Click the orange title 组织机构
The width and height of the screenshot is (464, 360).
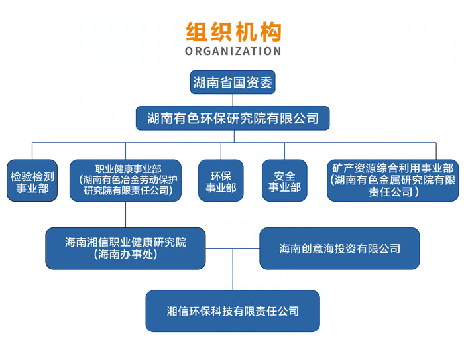click(x=233, y=32)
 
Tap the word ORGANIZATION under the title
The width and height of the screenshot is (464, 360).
click(x=233, y=52)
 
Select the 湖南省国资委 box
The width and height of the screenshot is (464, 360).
click(x=233, y=82)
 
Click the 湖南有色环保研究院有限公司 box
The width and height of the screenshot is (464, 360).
click(x=233, y=118)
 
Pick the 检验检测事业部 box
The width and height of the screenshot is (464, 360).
click(x=32, y=181)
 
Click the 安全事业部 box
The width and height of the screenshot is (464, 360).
click(x=284, y=181)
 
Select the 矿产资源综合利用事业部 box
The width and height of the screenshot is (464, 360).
click(x=393, y=180)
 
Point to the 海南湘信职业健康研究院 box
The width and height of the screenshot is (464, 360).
click(x=125, y=248)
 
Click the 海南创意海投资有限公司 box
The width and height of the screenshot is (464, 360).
click(x=339, y=248)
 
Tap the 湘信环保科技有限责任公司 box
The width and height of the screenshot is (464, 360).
click(x=233, y=310)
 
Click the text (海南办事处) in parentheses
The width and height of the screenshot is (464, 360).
click(x=125, y=255)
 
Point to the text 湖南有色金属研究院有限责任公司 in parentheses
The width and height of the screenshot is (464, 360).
click(x=393, y=186)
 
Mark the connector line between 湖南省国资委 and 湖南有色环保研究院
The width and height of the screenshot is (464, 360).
click(x=233, y=100)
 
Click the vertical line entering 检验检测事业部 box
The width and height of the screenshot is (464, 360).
click(x=32, y=150)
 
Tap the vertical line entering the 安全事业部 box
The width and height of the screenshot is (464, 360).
click(x=284, y=150)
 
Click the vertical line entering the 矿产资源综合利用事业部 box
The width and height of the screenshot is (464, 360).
click(x=435, y=150)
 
